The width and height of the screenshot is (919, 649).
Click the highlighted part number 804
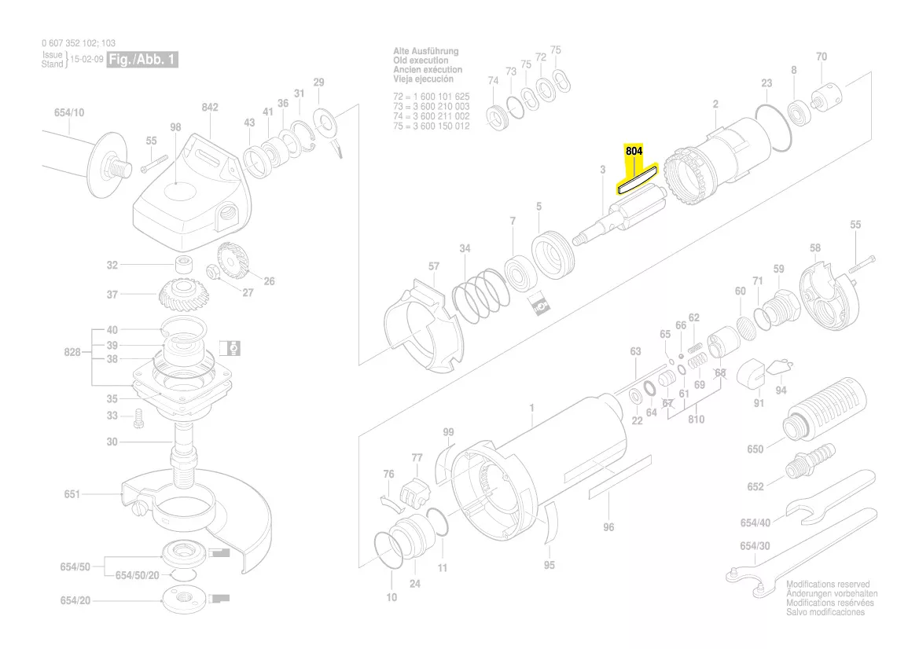tap(634, 151)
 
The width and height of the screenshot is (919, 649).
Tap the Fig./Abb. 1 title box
tap(142, 60)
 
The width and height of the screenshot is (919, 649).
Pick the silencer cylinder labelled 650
tap(825, 409)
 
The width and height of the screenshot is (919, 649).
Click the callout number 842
tap(209, 108)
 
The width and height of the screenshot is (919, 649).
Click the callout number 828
tap(73, 353)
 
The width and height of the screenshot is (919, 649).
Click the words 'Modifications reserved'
tap(828, 585)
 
